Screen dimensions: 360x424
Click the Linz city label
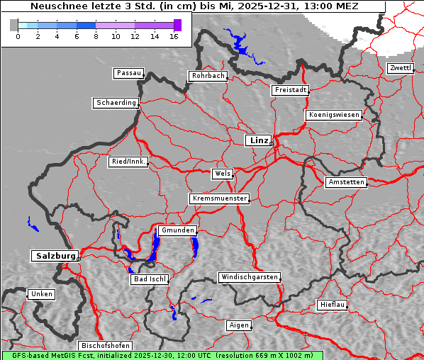(x=259, y=140)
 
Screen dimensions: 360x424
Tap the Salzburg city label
(x=55, y=256)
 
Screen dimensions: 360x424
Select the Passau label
(x=128, y=73)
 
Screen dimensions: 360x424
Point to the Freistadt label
(x=290, y=90)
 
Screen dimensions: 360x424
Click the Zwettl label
(x=400, y=68)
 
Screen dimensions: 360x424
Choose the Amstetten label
(x=346, y=182)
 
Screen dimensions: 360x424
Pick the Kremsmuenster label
(x=219, y=198)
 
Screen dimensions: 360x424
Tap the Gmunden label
(x=177, y=230)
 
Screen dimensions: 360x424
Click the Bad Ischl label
(x=150, y=279)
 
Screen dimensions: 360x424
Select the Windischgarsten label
(x=248, y=277)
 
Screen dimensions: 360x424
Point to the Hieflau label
(x=333, y=305)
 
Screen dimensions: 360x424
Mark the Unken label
(x=41, y=293)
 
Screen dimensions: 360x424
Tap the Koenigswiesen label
(x=334, y=115)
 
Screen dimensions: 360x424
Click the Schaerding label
(x=116, y=103)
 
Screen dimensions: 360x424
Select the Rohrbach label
(x=207, y=76)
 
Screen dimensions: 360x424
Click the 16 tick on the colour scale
(x=174, y=36)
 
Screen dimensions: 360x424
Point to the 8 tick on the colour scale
(x=96, y=36)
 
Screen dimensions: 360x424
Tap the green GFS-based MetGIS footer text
(x=162, y=355)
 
